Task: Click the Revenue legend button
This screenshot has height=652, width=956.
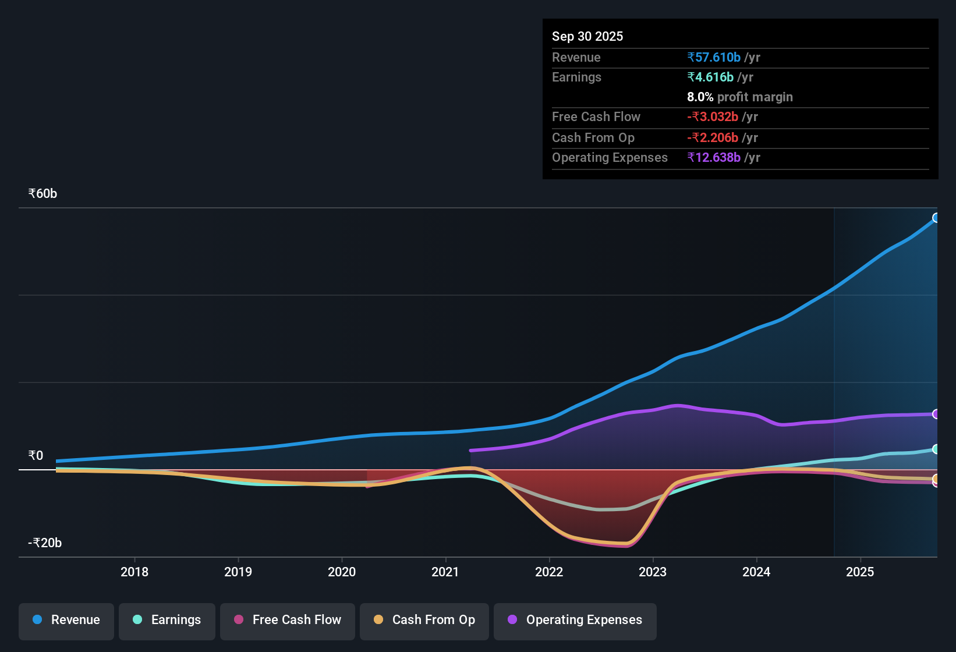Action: point(66,620)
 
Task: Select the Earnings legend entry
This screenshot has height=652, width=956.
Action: point(167,620)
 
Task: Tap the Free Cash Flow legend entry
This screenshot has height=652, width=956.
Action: point(288,620)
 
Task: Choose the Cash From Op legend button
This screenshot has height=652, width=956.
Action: point(424,620)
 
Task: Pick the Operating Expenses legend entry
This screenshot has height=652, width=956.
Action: point(575,620)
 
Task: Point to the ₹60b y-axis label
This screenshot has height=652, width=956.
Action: point(43,194)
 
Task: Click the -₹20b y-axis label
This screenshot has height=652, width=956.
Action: point(45,543)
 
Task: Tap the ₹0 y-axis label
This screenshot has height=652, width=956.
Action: point(36,456)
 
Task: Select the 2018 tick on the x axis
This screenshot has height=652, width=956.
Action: point(134,572)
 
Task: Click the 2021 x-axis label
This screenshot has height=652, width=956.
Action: point(445,572)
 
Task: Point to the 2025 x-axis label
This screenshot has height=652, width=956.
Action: point(860,572)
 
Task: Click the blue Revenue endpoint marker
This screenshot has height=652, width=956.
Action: point(936,218)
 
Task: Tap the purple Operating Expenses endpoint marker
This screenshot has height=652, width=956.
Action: point(936,414)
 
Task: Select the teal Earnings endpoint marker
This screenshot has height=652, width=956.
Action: point(936,449)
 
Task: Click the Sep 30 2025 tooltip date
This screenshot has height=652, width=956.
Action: point(587,37)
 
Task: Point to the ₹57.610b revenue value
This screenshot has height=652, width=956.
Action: point(714,58)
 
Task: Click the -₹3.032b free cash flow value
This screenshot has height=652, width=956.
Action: point(713,117)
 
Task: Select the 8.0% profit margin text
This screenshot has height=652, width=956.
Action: point(739,97)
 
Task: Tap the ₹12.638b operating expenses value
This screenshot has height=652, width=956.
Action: point(714,158)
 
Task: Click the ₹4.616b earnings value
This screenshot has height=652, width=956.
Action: point(710,77)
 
